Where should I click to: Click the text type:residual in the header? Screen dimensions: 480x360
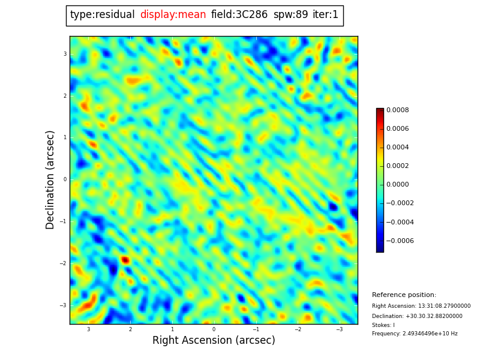(x=102, y=14)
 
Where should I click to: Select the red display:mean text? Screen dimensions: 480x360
(x=173, y=14)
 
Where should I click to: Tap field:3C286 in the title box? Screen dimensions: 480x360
(x=239, y=14)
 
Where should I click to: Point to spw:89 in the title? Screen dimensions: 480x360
(x=290, y=14)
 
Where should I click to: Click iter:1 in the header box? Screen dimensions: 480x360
(x=325, y=14)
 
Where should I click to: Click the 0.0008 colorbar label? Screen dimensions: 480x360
(x=397, y=110)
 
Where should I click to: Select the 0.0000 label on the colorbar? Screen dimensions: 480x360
(x=397, y=184)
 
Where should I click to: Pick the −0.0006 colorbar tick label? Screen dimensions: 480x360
(x=400, y=241)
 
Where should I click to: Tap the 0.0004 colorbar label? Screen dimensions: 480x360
(x=397, y=147)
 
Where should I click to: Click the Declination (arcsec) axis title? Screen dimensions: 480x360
(x=50, y=180)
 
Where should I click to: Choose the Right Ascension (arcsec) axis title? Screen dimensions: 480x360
(x=214, y=340)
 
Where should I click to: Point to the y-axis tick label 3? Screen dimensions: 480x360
(x=65, y=54)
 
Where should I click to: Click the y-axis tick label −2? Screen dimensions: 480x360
(x=63, y=263)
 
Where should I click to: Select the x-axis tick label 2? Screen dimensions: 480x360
(x=130, y=329)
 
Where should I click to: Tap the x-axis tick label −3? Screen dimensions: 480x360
(x=340, y=329)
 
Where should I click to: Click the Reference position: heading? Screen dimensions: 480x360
(x=404, y=295)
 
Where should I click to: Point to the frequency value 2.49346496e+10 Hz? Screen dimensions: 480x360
(x=430, y=334)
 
